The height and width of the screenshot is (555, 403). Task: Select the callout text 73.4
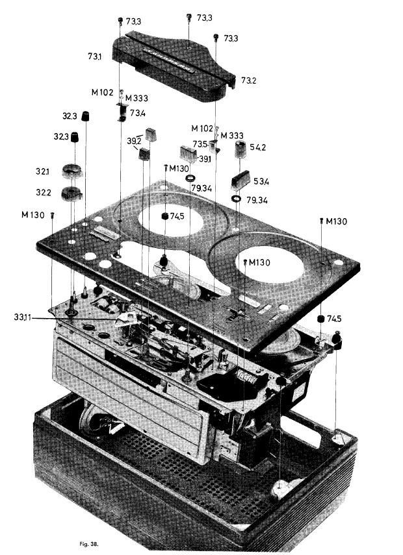point(137,113)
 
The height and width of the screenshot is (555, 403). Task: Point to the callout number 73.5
point(199,144)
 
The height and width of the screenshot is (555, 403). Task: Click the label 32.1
point(42,171)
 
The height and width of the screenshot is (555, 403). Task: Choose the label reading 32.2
point(43,193)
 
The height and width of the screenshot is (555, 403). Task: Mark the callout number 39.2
point(135,140)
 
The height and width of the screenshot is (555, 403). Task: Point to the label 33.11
point(21,317)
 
